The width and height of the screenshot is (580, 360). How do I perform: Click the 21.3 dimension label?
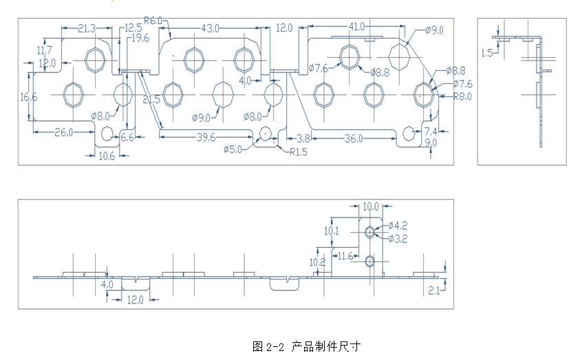click(86, 28)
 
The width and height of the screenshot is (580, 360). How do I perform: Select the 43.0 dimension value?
click(210, 28)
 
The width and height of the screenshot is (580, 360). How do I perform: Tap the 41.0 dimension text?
click(356, 27)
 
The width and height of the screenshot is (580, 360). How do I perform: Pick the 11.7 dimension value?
click(44, 50)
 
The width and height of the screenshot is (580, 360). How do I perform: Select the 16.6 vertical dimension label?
click(28, 97)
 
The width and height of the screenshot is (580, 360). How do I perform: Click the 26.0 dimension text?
click(64, 132)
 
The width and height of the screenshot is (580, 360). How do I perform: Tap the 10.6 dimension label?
click(107, 156)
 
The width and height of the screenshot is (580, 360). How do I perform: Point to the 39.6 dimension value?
click(204, 137)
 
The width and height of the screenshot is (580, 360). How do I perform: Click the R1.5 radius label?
click(299, 151)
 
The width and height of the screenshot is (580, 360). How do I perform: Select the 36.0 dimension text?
click(354, 138)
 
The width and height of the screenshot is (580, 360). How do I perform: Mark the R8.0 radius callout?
click(462, 97)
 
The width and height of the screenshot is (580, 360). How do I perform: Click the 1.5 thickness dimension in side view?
click(487, 52)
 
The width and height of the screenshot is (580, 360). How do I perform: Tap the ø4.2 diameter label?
click(399, 225)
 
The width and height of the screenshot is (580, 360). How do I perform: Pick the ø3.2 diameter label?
click(399, 238)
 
